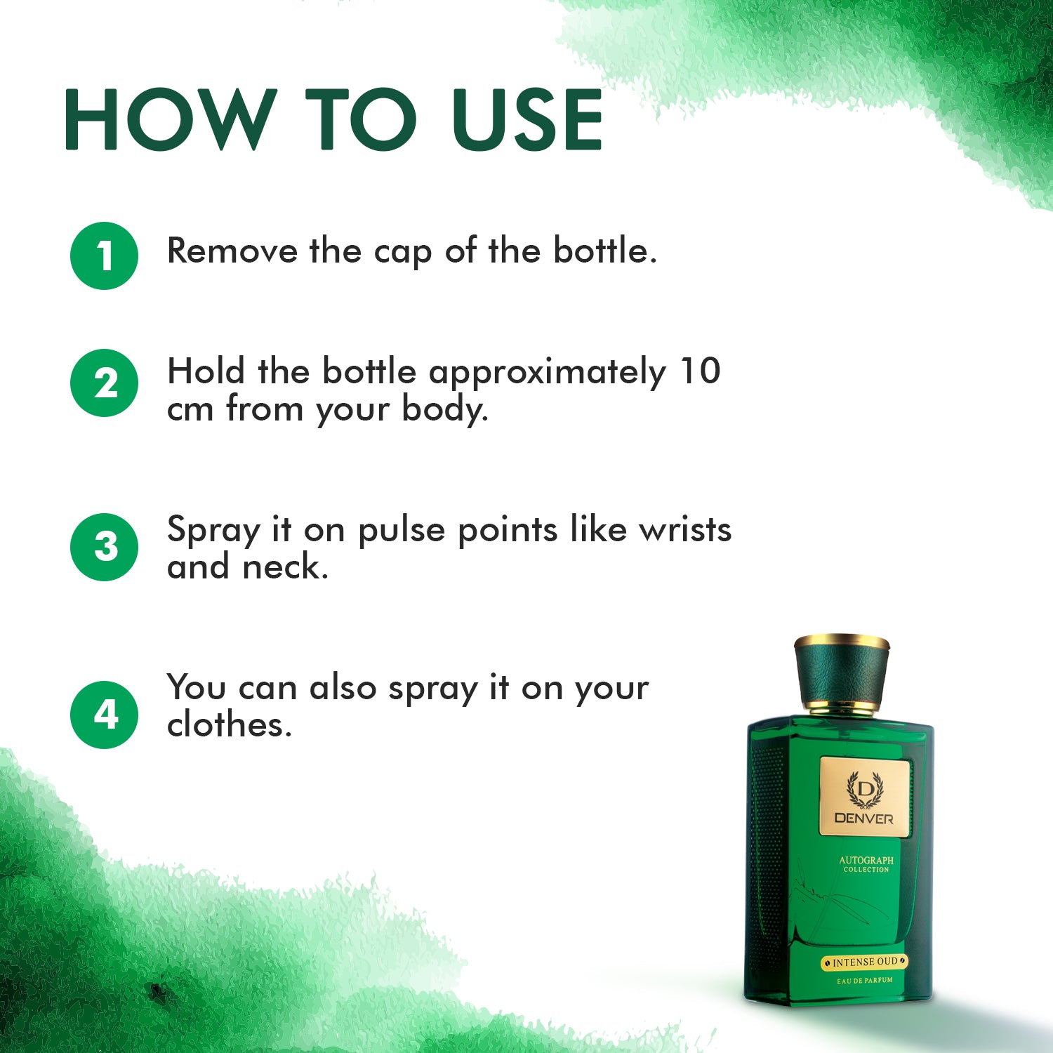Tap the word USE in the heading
(527, 119)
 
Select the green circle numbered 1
(104, 256)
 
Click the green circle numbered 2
(104, 383)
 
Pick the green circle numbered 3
(104, 547)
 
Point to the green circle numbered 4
(104, 715)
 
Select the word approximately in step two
(547, 373)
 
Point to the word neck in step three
(284, 567)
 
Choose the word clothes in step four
(228, 725)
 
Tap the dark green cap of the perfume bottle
(841, 673)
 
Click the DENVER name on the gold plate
(864, 819)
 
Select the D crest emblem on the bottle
(864, 789)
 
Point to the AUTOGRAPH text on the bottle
(866, 860)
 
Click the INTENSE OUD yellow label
(865, 962)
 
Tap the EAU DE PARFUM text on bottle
(865, 980)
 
